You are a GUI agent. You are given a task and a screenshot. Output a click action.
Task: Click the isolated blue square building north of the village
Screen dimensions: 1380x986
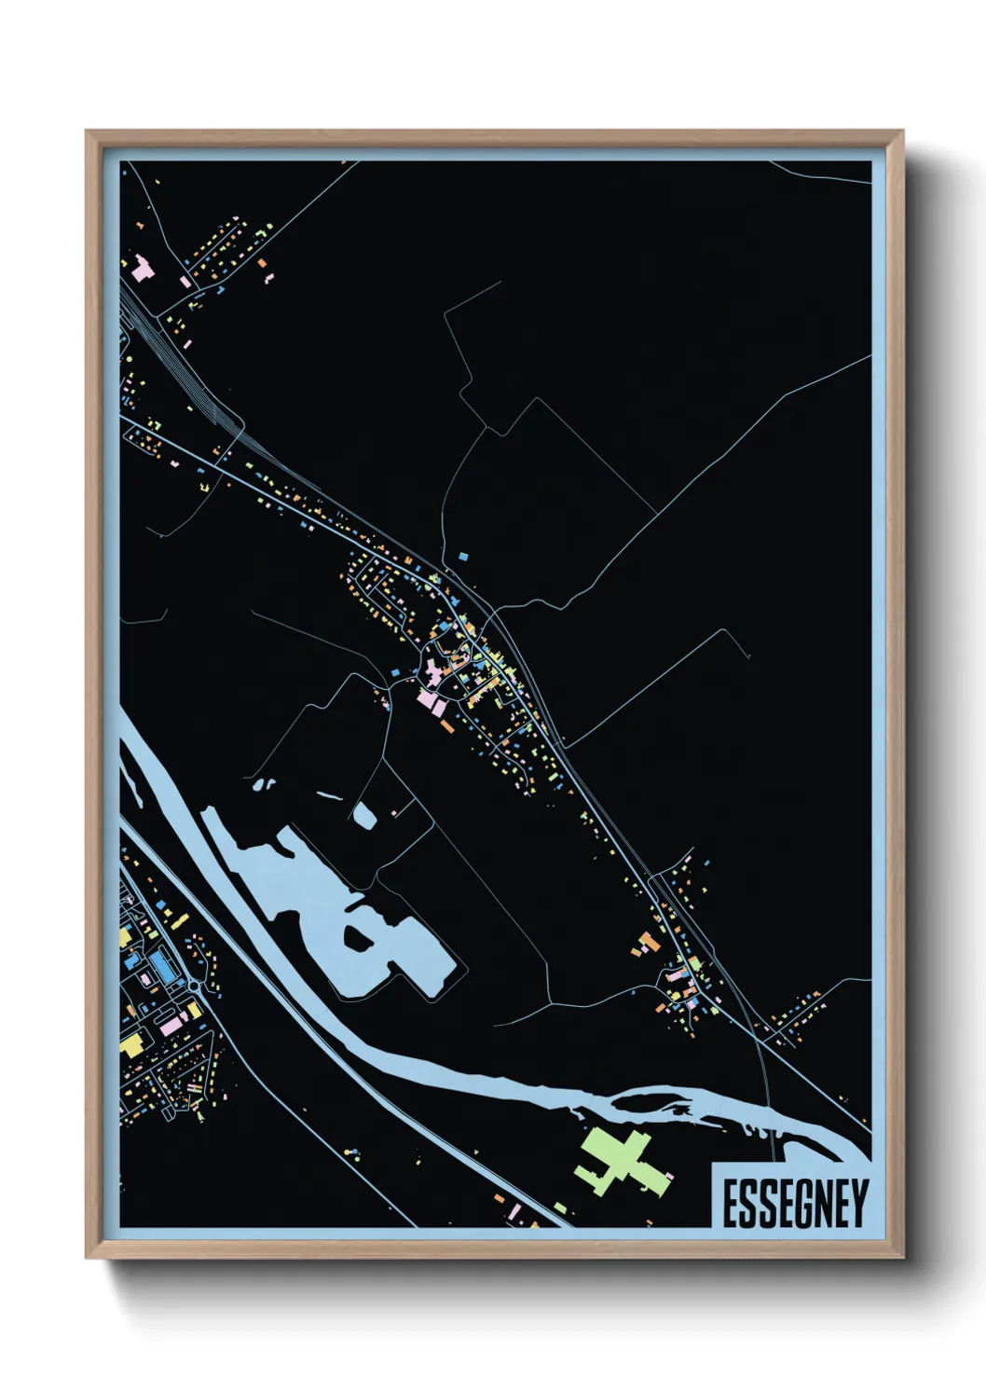click(x=462, y=557)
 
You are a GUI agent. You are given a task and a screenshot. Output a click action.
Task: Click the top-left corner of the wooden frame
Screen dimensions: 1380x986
click(x=88, y=132)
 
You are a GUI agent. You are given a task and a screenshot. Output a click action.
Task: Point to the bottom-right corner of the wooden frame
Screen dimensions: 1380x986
click(x=901, y=1257)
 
